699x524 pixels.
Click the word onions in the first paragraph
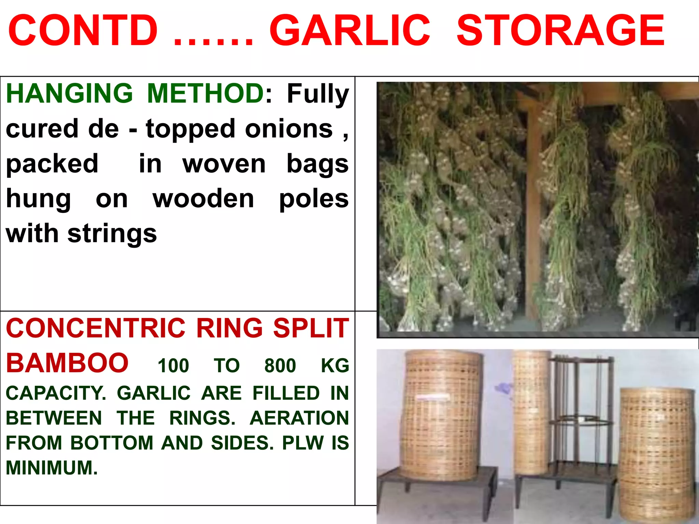289,129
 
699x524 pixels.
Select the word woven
224,164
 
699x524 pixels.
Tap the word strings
112,234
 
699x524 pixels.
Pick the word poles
314,199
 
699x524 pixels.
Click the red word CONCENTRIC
96,328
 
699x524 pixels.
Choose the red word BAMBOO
67,363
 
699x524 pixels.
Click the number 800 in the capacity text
280,366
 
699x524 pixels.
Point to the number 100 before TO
173,366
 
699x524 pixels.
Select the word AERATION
299,418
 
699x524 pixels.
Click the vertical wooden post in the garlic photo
533,212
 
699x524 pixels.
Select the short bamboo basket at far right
656,454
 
